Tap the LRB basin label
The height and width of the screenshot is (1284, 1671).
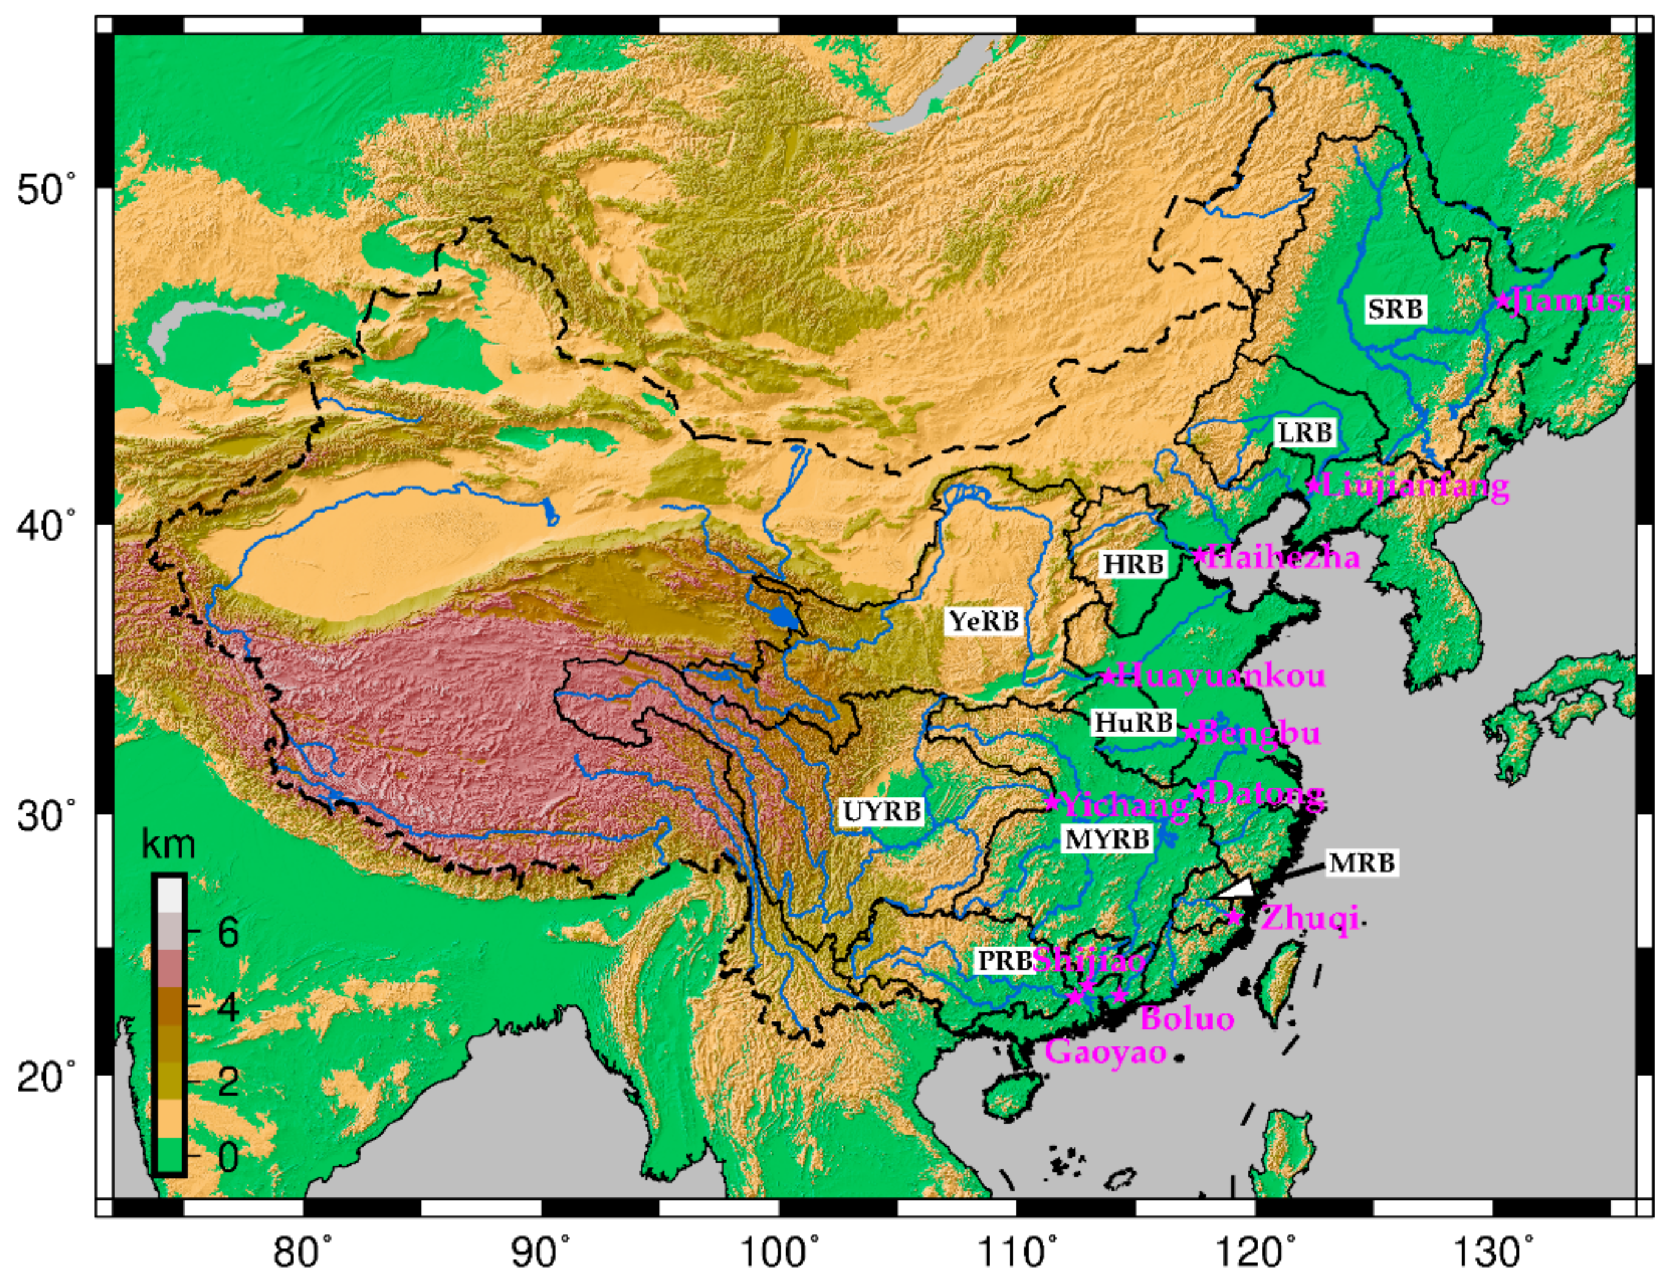click(x=1305, y=433)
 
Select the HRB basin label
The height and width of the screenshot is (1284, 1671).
click(x=1134, y=564)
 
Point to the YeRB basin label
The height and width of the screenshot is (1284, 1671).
click(x=984, y=621)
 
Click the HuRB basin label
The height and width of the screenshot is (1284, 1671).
click(x=1134, y=722)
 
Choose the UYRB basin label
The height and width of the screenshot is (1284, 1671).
click(x=882, y=811)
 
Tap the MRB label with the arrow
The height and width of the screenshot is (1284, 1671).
click(x=1361, y=863)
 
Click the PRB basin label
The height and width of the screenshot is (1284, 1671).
click(x=1004, y=961)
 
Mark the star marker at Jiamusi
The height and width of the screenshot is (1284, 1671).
click(x=1502, y=300)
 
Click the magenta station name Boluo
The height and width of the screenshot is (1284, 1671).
click(x=1187, y=1019)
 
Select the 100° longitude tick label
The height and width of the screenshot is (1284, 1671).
click(x=781, y=1252)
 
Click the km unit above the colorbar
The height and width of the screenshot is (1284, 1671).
click(x=169, y=845)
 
